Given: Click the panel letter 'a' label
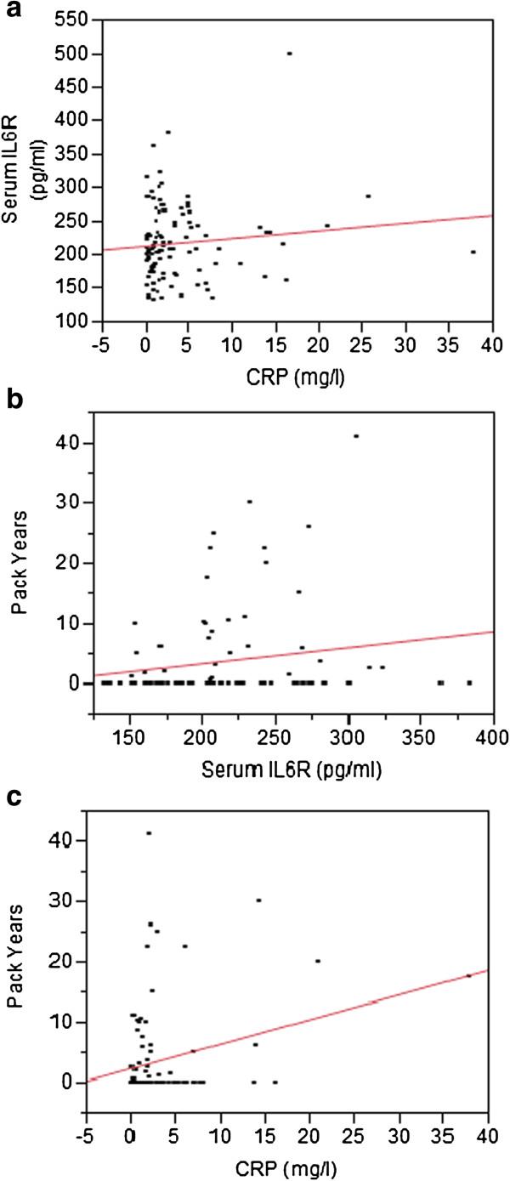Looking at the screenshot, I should [11, 11].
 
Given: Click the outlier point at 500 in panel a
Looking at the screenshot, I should [289, 54].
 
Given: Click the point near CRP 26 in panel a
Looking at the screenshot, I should [368, 196].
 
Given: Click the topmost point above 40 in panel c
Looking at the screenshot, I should [150, 833].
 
